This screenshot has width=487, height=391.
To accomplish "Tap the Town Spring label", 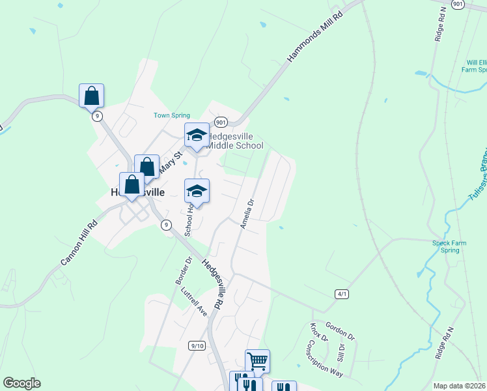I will pos(171,115).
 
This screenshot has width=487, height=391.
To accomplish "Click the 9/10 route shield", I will pos(197,345).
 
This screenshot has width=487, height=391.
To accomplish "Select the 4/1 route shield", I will pos(342,294).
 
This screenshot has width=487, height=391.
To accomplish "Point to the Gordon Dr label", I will pos(341,332).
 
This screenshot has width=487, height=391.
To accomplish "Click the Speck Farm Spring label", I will pos(450,246).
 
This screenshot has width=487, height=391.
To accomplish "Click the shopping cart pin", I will pos(257,360).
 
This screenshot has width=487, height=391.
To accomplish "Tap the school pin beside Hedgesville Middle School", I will pos(197,135).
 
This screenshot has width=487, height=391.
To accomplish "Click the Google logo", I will pos(21,383).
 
